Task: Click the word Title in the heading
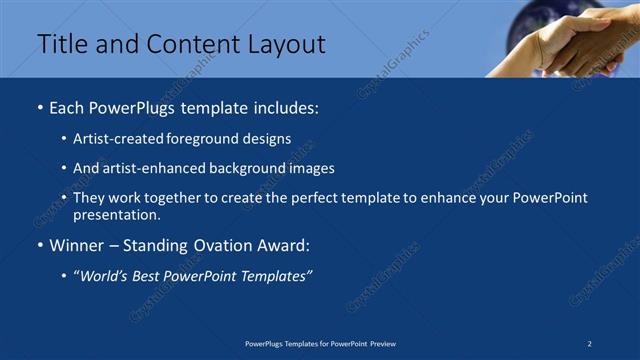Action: (60, 44)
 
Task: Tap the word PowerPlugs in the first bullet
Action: (136, 107)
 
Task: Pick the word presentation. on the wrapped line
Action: (117, 214)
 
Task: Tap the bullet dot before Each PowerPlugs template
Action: (39, 107)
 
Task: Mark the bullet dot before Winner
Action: (39, 245)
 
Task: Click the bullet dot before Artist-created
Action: (65, 139)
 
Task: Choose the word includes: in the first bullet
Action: (286, 107)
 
